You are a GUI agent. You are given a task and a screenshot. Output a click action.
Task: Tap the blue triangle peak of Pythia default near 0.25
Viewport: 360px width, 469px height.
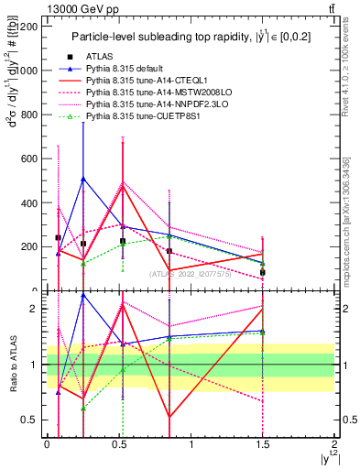coord(83,179)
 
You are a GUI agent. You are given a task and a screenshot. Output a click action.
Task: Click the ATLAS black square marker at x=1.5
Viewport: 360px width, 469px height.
coord(262,272)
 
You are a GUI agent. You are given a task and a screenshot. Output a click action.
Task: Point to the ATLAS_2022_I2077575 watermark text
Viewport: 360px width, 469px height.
coord(191,274)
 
